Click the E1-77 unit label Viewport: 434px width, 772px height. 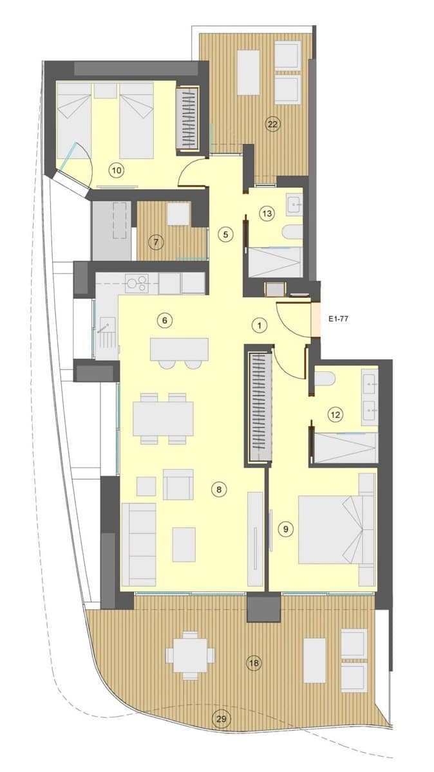coord(338,319)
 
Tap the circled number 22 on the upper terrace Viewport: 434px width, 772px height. coord(272,124)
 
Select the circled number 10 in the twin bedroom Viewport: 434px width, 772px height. coord(117,170)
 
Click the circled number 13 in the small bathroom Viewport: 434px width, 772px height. coord(267,214)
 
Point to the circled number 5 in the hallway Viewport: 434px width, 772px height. coord(225,235)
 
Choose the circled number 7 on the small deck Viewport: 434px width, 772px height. coord(156,243)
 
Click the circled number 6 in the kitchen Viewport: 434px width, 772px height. coord(165,320)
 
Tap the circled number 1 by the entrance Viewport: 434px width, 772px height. coord(259,326)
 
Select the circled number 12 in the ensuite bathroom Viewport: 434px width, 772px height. coord(335,414)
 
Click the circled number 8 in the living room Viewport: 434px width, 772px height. coord(219,489)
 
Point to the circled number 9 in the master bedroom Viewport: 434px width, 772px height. coord(285,529)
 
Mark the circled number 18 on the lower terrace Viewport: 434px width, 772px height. coord(254,663)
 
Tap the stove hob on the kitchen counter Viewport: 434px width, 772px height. coord(137,283)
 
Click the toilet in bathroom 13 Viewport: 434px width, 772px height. coord(292,232)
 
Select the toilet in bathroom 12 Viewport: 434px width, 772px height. coord(325,379)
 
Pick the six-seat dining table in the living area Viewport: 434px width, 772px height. coord(163,419)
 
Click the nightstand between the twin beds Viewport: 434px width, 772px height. coord(106,91)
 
